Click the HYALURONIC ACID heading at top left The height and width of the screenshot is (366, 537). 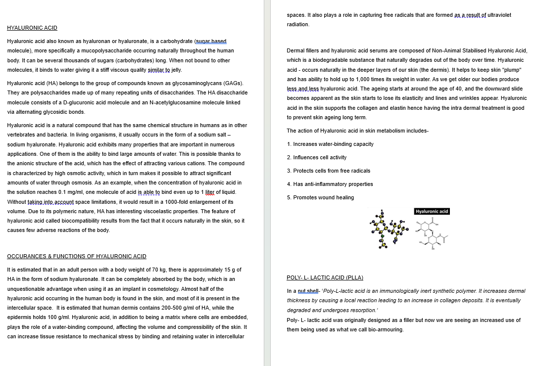click(x=32, y=28)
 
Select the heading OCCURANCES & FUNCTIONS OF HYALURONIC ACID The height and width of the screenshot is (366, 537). click(x=77, y=256)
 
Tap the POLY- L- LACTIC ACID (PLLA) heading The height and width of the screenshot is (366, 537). click(x=325, y=277)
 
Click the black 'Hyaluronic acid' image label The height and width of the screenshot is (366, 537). click(x=432, y=212)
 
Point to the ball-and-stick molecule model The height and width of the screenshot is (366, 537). click(x=389, y=229)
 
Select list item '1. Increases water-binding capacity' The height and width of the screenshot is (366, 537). click(x=330, y=144)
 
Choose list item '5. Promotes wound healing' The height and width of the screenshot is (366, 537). click(x=320, y=197)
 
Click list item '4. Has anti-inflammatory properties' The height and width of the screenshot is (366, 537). click(x=330, y=184)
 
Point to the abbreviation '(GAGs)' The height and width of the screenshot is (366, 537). click(x=233, y=83)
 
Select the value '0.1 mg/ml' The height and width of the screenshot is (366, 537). click(x=67, y=192)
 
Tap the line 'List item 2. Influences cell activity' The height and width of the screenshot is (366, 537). click(x=317, y=157)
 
